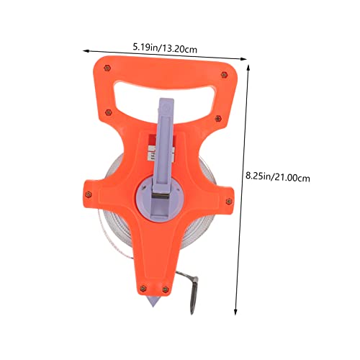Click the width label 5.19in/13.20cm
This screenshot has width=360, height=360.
click(x=165, y=48)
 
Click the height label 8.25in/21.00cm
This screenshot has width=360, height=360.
click(x=278, y=177)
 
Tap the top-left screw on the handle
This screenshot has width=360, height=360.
click(x=107, y=68)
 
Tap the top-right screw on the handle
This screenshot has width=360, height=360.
click(x=224, y=75)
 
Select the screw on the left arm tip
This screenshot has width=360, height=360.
click(x=89, y=194)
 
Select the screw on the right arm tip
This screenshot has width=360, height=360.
click(x=229, y=202)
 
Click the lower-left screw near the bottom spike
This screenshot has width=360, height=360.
click(x=143, y=288)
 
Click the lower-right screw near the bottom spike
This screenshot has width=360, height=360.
click(x=166, y=289)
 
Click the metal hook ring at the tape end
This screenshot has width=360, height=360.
click(x=194, y=297)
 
